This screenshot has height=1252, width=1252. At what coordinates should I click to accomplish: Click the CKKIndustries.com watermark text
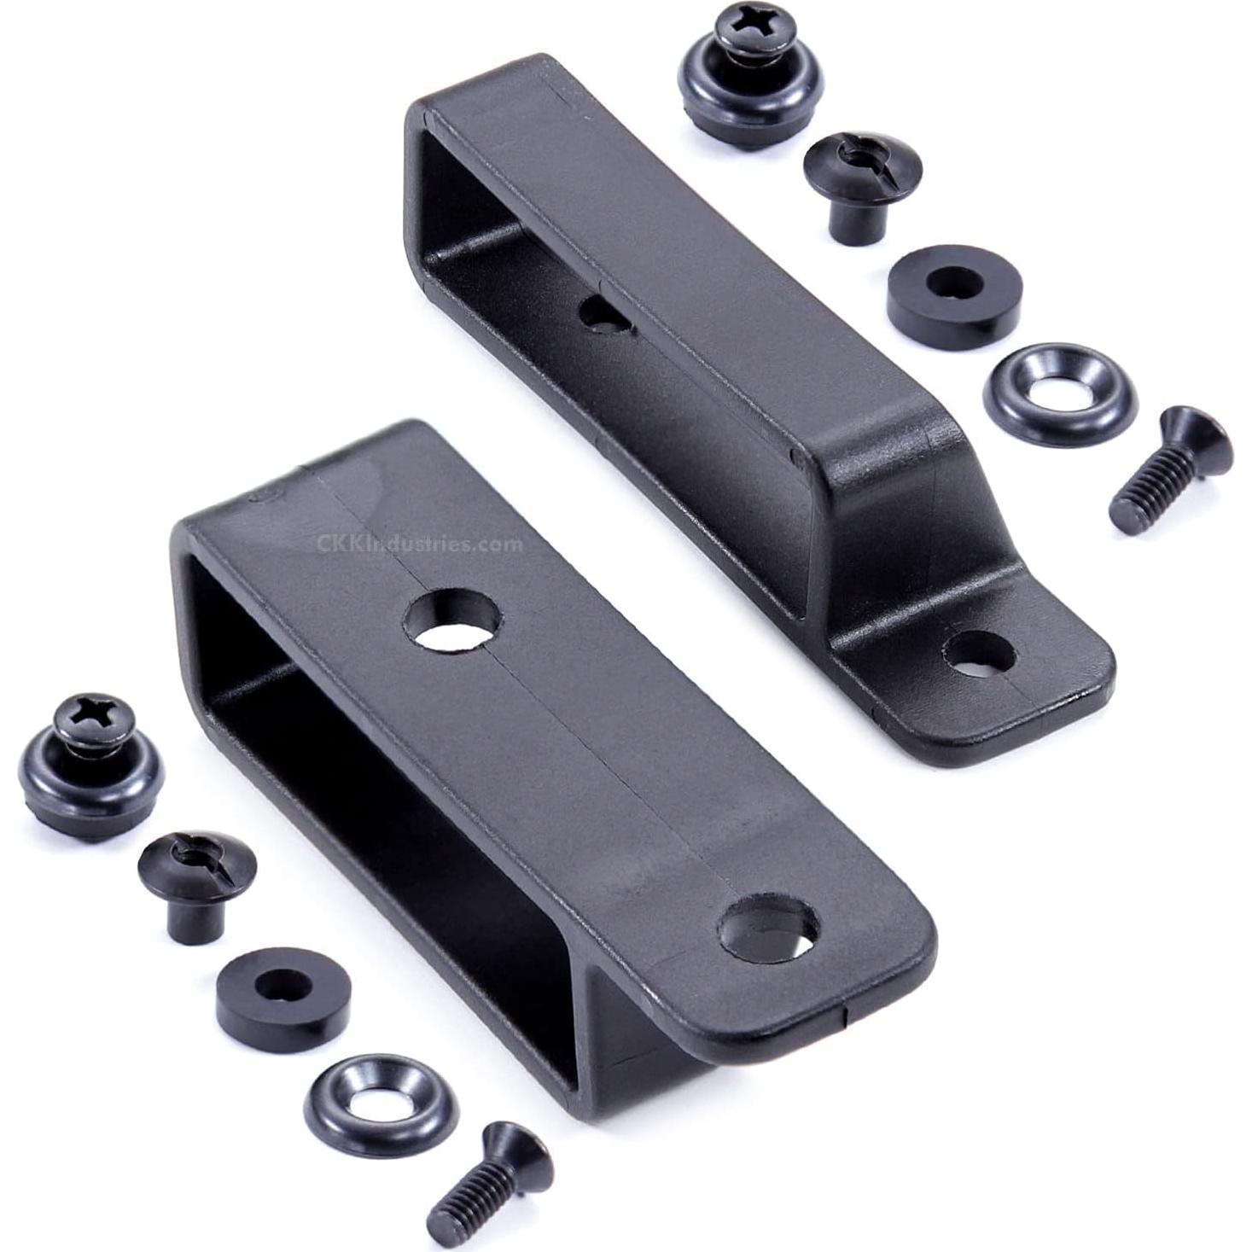click(419, 543)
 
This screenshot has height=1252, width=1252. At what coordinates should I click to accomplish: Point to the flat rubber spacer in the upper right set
click(953, 294)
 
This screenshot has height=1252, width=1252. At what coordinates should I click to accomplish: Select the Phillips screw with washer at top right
click(749, 73)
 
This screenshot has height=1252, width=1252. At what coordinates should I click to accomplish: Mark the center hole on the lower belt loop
click(451, 622)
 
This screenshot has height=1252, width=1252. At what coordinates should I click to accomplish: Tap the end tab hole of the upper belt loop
click(979, 653)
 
